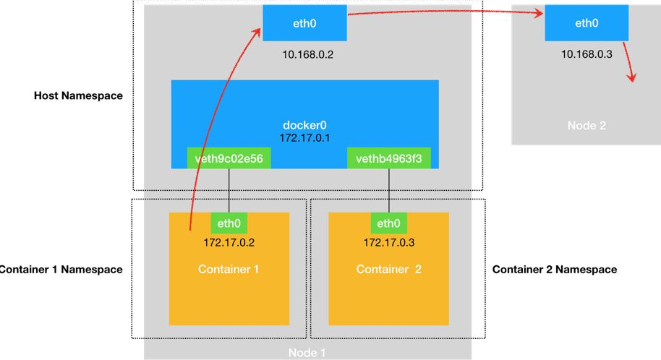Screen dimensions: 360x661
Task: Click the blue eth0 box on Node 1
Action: click(304, 23)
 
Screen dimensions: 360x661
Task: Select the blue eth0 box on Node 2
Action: click(587, 23)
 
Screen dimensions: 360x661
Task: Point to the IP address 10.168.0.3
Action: click(587, 54)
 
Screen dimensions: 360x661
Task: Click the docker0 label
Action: click(304, 125)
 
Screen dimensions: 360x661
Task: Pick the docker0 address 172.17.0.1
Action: click(304, 137)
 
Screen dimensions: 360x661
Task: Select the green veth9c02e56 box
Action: click(229, 158)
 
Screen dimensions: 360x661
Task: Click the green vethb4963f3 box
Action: click(389, 158)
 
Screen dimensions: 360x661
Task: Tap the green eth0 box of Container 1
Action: click(229, 223)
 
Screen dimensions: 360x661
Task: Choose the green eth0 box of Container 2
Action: click(388, 223)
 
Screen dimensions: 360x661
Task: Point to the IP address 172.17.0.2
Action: click(229, 242)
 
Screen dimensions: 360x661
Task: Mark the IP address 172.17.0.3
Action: click(388, 242)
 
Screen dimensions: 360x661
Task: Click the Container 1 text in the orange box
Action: click(229, 270)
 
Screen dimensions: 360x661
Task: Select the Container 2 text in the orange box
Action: click(388, 270)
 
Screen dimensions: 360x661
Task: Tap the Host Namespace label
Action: click(78, 95)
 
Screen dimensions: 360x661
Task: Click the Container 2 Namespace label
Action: click(555, 270)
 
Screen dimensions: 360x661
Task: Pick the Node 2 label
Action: click(587, 125)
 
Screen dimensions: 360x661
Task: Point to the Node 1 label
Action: click(307, 353)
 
